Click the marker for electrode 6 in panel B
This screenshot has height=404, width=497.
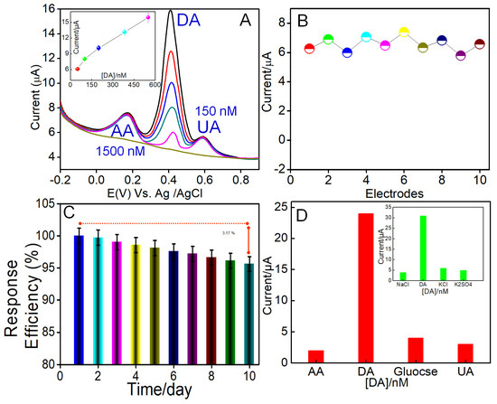404,33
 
